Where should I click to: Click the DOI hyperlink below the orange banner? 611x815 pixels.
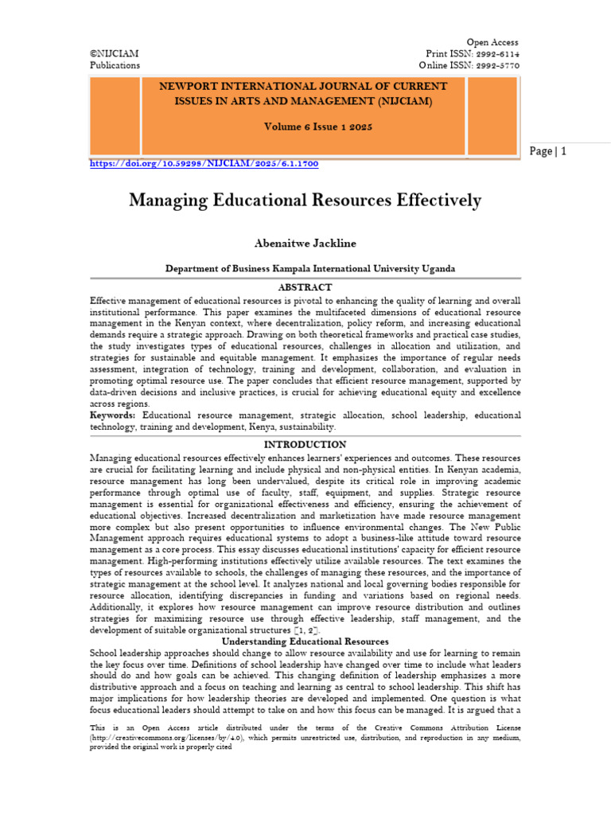[204, 163]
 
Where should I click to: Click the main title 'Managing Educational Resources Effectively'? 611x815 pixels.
[305, 201]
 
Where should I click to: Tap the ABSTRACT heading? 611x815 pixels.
[305, 287]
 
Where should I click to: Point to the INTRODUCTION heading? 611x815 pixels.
[305, 445]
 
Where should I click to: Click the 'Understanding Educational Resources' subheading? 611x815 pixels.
[305, 641]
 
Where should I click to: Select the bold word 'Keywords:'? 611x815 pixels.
[112, 415]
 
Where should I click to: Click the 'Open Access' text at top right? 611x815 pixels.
[492, 42]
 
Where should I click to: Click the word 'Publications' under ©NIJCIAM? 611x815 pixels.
[115, 65]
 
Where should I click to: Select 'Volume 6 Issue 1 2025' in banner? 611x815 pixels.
[305, 127]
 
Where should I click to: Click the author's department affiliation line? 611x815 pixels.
[305, 269]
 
